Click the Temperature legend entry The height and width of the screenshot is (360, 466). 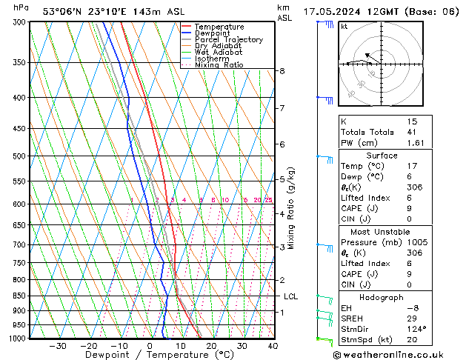(219, 27)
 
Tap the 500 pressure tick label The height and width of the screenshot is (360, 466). (20, 156)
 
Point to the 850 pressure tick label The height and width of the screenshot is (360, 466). (20, 296)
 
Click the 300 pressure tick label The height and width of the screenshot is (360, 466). (20, 22)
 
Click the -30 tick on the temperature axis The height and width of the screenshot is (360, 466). (58, 346)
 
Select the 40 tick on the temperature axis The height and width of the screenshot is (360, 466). (273, 346)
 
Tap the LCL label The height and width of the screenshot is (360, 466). (291, 296)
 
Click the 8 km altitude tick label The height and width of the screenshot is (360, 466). (282, 71)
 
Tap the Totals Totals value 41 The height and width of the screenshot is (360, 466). (413, 132)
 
